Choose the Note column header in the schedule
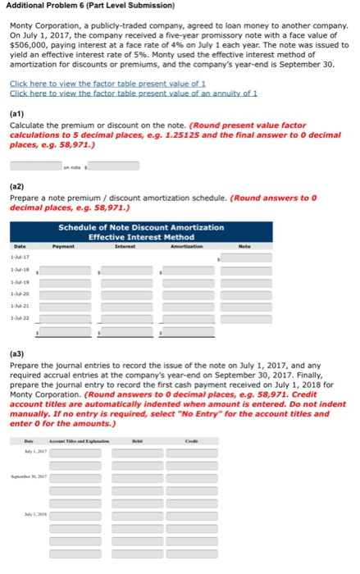click(x=244, y=244)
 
